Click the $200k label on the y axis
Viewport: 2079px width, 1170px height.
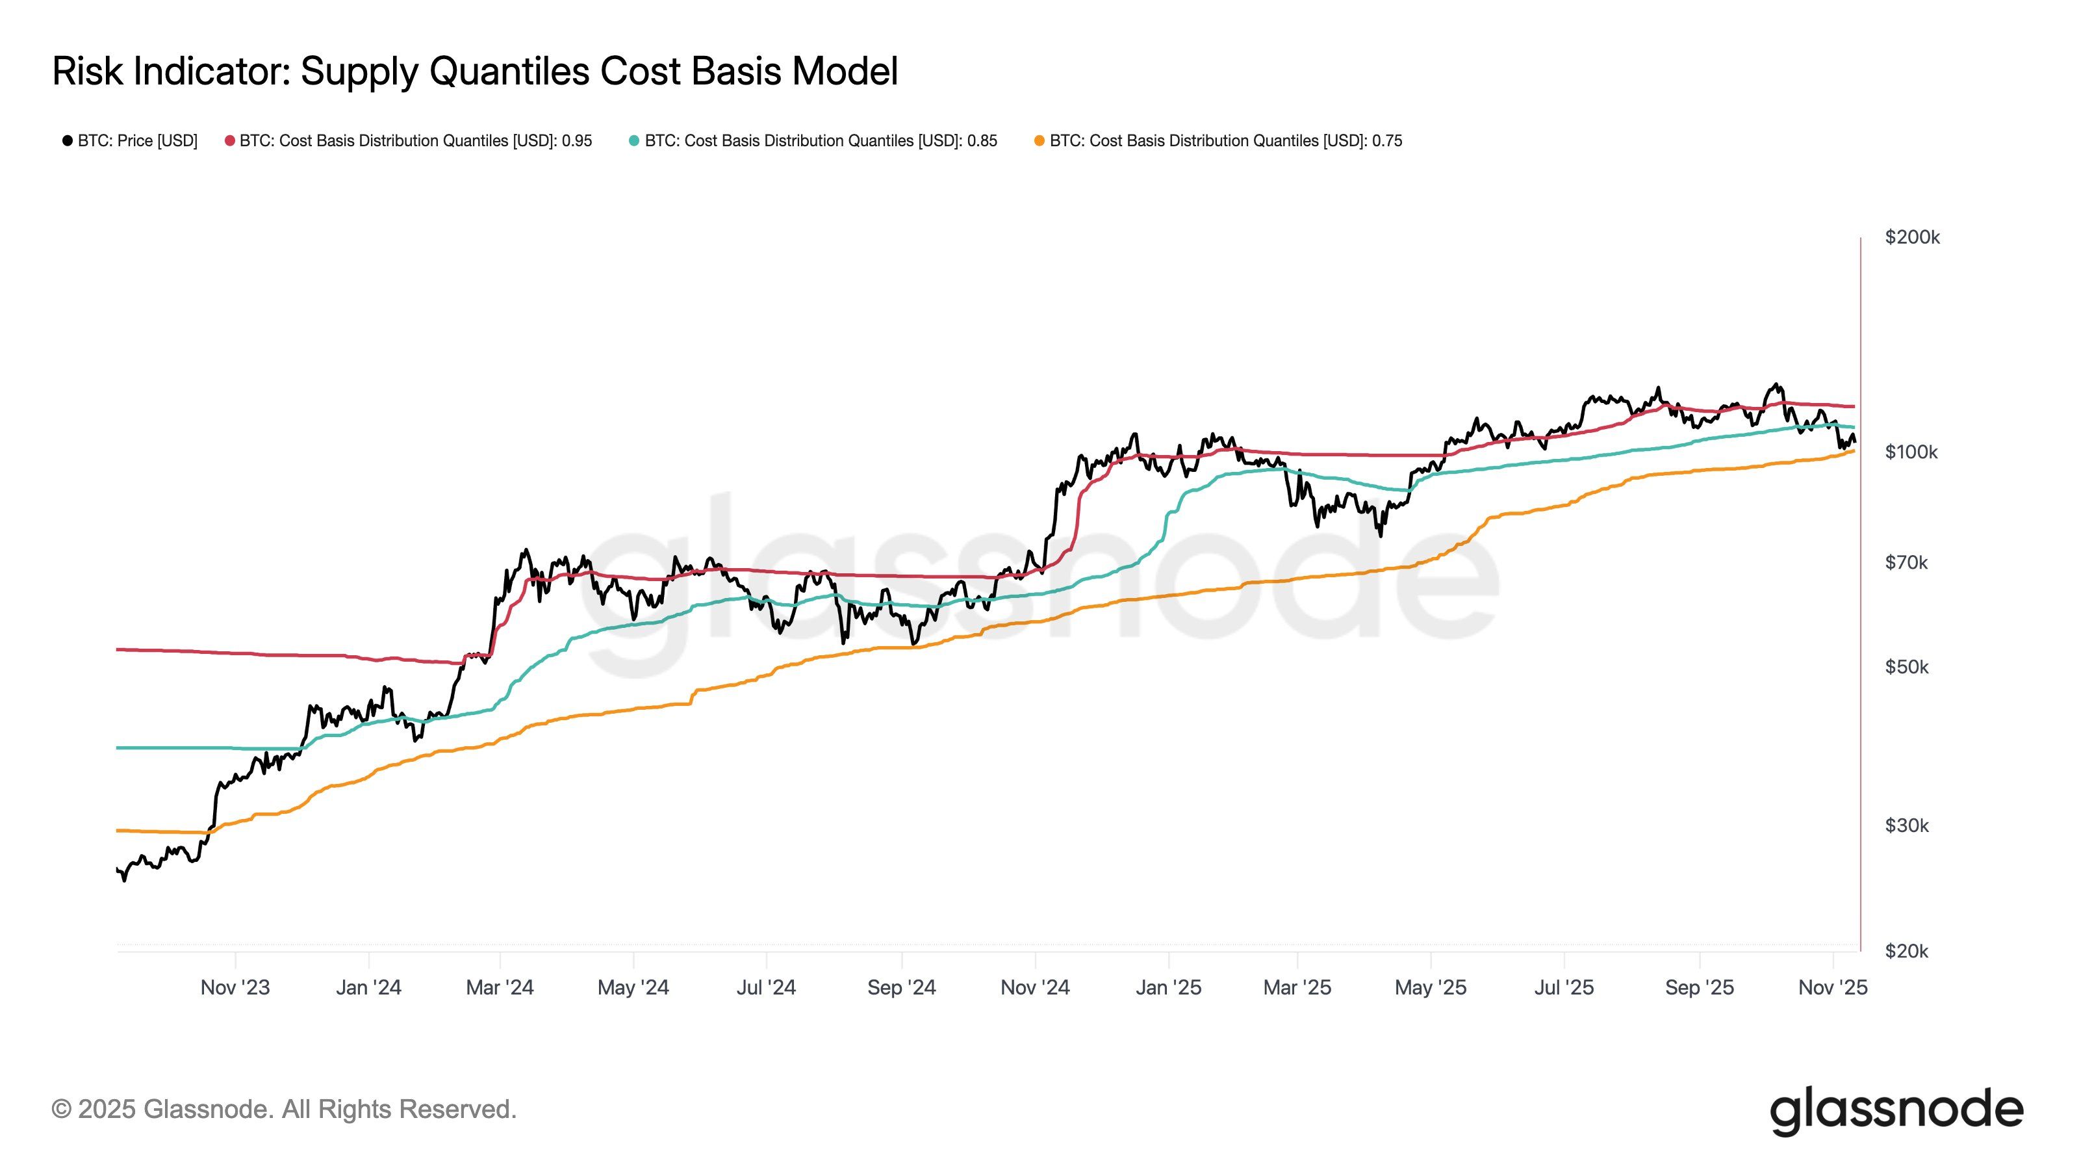(x=1911, y=237)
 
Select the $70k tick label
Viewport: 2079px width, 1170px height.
(x=1906, y=562)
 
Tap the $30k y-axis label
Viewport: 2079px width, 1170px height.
(x=1906, y=825)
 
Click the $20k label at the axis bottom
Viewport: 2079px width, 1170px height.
(x=1906, y=951)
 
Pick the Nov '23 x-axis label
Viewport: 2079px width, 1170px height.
(x=235, y=987)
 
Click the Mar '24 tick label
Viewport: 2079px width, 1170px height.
(x=500, y=987)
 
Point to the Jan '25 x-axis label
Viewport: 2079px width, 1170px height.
(x=1168, y=987)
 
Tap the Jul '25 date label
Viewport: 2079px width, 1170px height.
(x=1563, y=987)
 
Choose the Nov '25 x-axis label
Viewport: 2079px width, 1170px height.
(x=1832, y=987)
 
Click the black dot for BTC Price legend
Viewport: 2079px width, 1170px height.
(x=68, y=141)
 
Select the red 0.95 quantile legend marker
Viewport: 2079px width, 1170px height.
(x=230, y=141)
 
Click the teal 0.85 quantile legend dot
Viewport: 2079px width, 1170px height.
(x=634, y=141)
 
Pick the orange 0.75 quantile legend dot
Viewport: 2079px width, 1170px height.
(x=1039, y=141)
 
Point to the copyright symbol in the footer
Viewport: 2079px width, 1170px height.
(x=61, y=1110)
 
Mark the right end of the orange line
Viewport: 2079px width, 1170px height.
(x=1853, y=450)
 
